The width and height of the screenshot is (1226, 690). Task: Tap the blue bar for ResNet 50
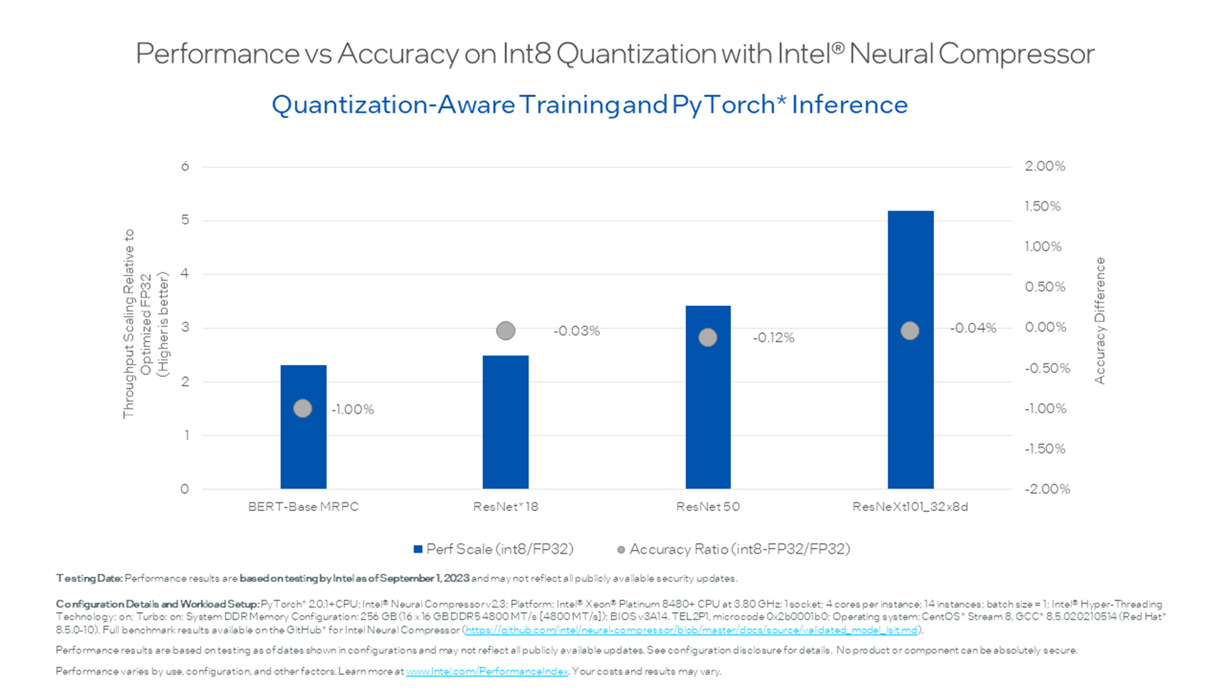tap(708, 415)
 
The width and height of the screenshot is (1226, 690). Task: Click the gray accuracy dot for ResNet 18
tap(505, 331)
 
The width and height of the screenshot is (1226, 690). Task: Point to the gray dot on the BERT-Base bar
tap(303, 408)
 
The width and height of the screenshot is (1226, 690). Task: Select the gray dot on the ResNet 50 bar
tap(708, 337)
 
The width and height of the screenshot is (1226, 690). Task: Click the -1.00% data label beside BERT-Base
tap(352, 410)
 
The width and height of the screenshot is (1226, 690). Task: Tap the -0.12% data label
tap(773, 338)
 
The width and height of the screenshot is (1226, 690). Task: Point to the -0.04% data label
tap(972, 328)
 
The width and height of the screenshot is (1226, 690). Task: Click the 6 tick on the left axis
tap(185, 167)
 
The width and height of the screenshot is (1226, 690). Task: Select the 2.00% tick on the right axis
tap(1045, 166)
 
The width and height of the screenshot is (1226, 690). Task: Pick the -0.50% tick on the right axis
tap(1047, 369)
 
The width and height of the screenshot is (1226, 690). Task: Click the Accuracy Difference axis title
tap(1100, 321)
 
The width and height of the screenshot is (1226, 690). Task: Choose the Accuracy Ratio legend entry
tap(734, 549)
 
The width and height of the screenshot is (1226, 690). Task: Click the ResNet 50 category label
tap(708, 507)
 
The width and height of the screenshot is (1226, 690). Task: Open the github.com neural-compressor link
tap(691, 630)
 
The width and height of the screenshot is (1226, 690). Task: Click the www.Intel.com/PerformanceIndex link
tap(487, 671)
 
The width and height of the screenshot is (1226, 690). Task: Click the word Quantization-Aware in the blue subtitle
tap(393, 105)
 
